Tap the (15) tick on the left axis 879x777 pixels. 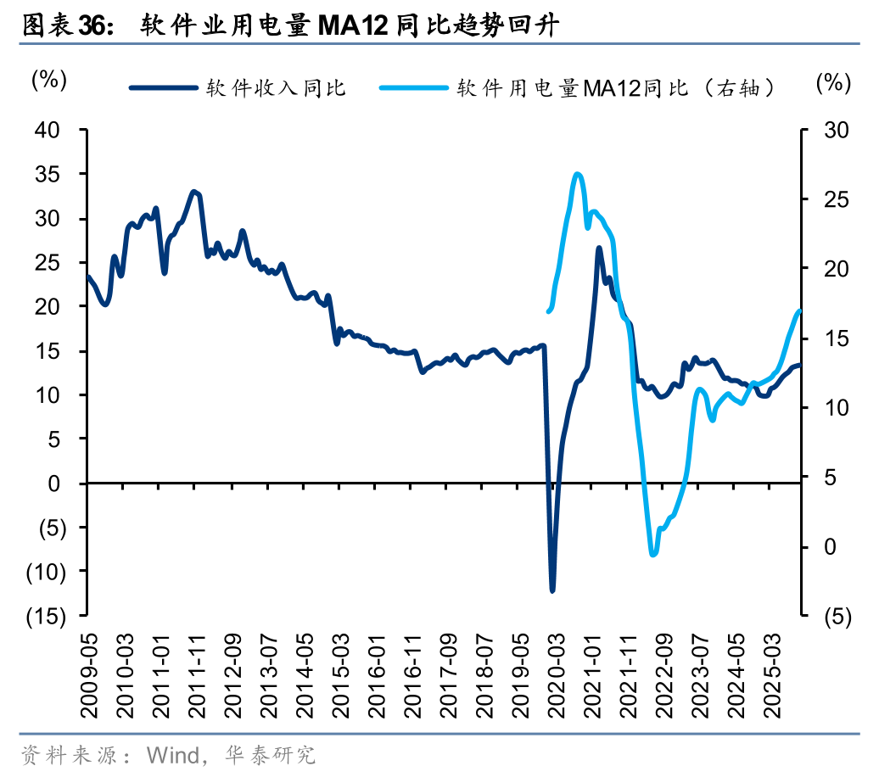pos(42,616)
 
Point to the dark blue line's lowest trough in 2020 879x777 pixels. pos(552,590)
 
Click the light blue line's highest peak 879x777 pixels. pos(577,175)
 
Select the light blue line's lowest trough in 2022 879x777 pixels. pos(652,555)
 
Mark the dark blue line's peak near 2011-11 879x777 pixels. pos(194,193)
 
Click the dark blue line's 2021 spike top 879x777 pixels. pos(599,249)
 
